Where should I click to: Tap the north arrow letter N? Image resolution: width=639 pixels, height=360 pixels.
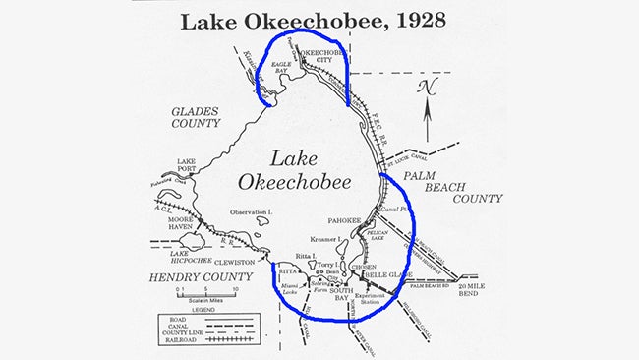point(427,87)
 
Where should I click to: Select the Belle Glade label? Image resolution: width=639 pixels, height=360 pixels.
point(387,274)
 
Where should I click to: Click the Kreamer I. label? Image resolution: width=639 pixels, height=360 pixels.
point(325,239)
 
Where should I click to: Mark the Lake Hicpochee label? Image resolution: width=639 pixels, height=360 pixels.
point(177,257)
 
